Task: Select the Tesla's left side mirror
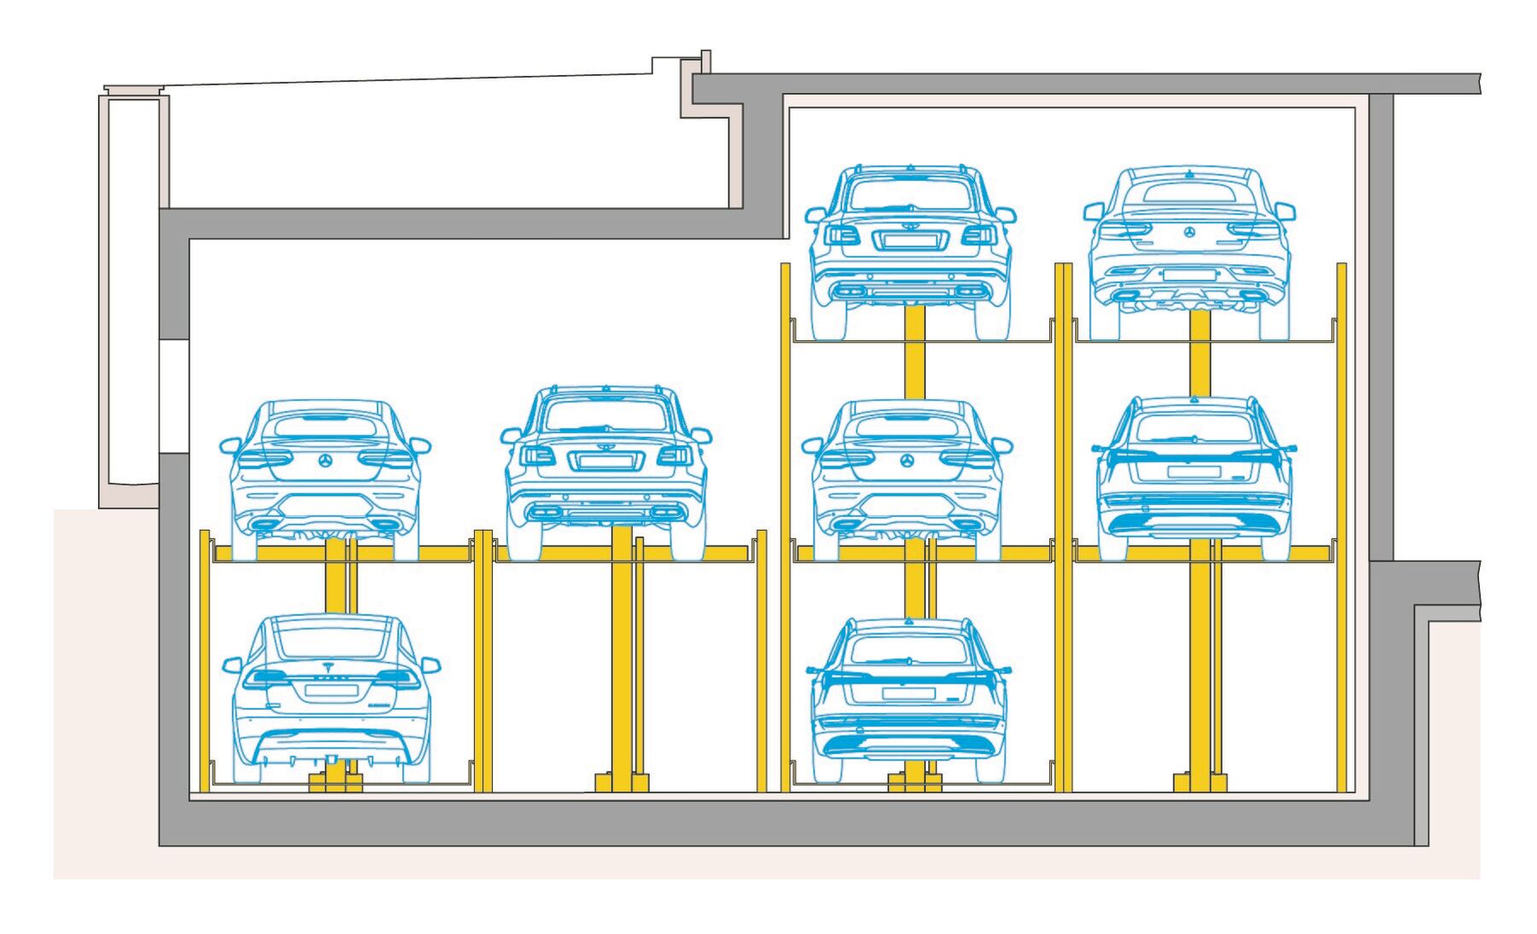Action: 231,664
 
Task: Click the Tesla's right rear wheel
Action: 417,765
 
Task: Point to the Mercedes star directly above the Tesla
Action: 325,461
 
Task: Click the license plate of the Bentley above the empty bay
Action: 605,462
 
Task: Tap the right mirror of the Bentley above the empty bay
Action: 701,436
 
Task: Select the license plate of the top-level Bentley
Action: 910,241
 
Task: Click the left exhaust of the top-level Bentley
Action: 849,292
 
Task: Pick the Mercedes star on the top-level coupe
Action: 1189,232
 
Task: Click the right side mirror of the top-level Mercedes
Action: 1284,211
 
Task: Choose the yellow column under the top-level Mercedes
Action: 1200,352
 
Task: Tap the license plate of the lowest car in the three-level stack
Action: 909,692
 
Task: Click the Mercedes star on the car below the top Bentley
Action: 908,461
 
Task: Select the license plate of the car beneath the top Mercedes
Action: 1193,472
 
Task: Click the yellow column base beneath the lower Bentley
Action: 622,782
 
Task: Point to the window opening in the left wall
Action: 173,397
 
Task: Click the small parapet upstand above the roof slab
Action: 706,62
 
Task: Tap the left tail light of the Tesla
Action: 266,678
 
